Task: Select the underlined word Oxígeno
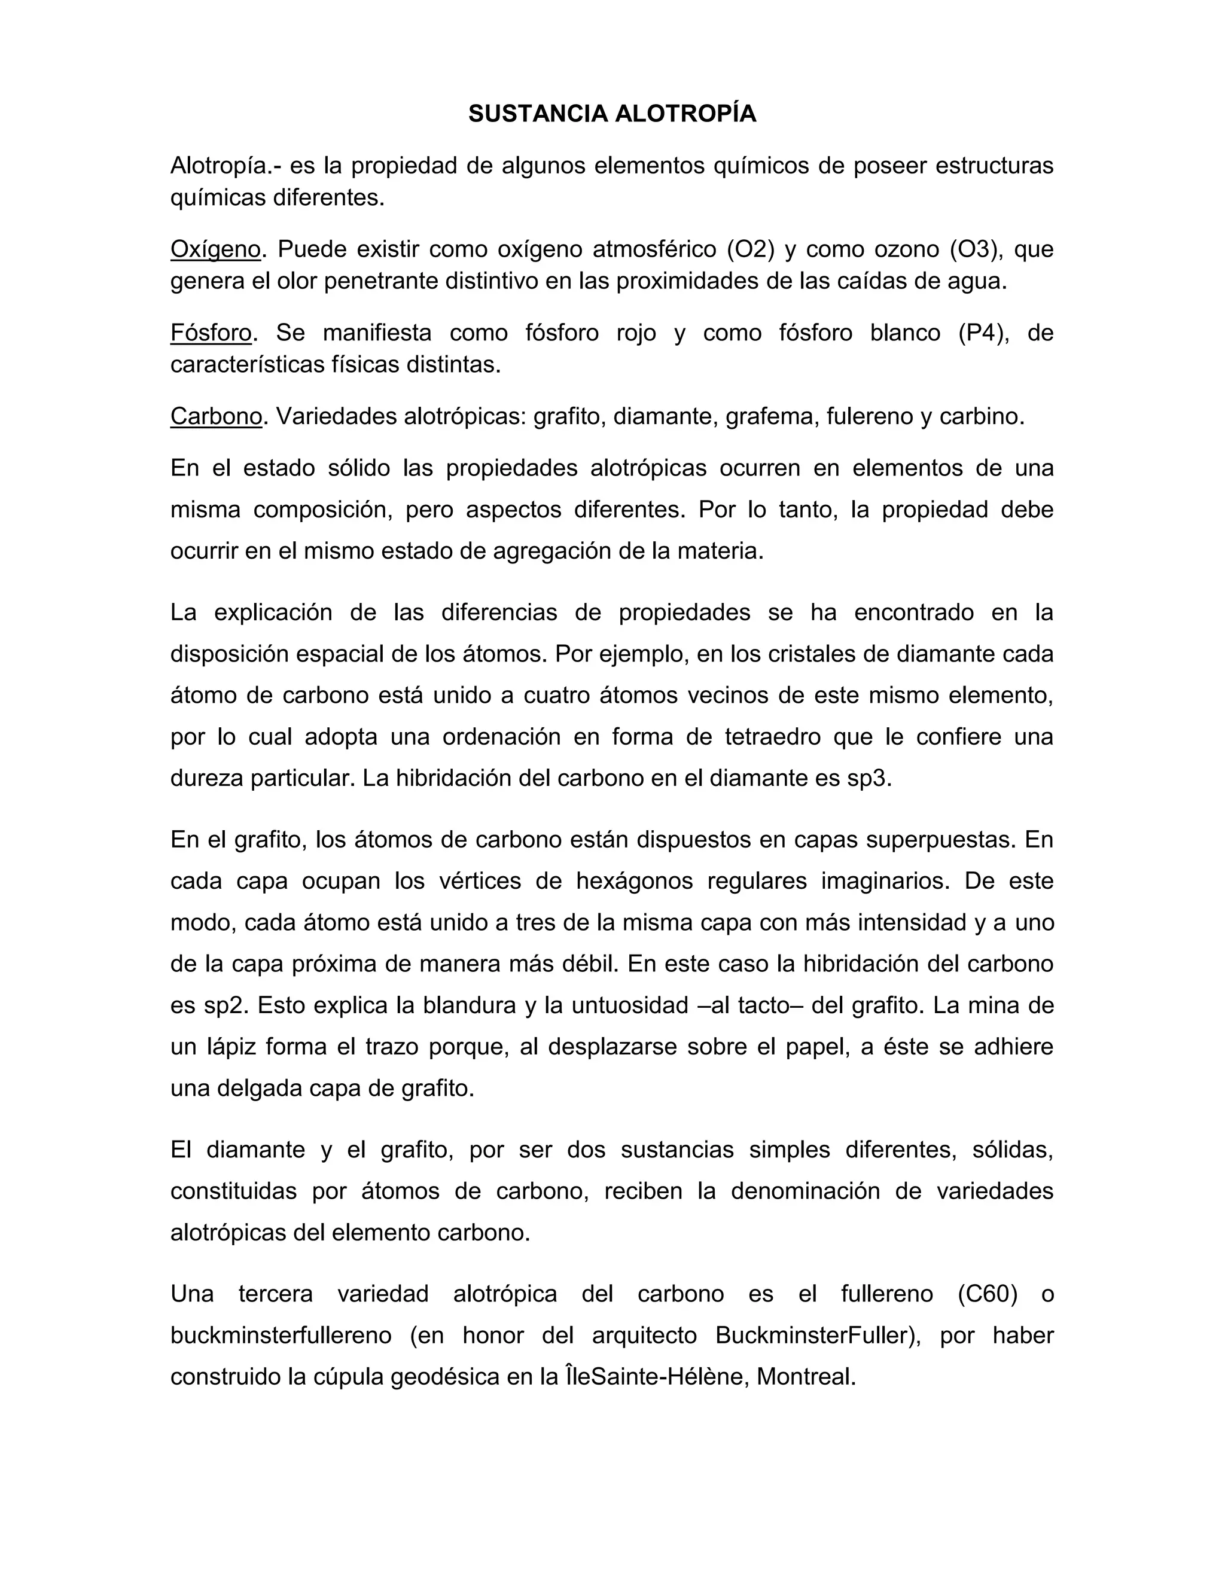click(x=215, y=249)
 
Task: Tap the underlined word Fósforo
click(x=211, y=333)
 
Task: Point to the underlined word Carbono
click(x=215, y=416)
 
